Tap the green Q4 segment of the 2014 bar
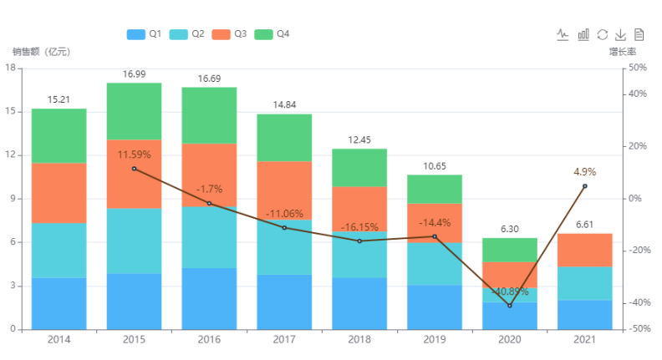(x=59, y=135)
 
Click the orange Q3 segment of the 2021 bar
(x=584, y=250)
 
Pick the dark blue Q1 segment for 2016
(x=209, y=298)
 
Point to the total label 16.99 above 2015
(x=134, y=74)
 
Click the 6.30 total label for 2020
(x=509, y=229)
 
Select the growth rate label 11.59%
(x=134, y=155)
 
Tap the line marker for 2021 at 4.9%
(x=584, y=185)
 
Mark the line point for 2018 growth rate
(x=359, y=241)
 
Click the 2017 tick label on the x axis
(x=284, y=340)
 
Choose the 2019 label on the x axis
(x=435, y=340)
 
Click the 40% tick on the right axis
(x=638, y=94)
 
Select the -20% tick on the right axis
(x=638, y=251)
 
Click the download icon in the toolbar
(x=620, y=34)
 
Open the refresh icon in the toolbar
(x=602, y=34)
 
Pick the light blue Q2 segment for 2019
(x=435, y=264)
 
